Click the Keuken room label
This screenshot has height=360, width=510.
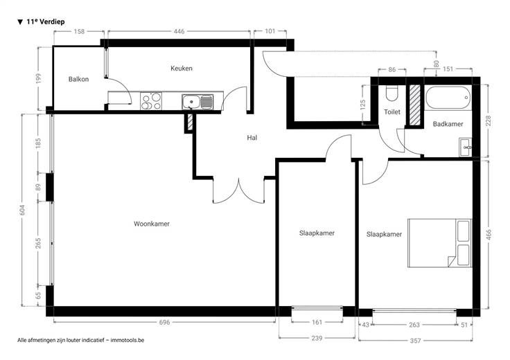[x=181, y=69]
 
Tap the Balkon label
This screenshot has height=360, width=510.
[x=78, y=80]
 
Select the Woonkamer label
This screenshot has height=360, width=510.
[x=152, y=224]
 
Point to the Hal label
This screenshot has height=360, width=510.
[x=252, y=138]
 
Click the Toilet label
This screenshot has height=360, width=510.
[x=392, y=111]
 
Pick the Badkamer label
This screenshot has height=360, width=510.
[x=448, y=124]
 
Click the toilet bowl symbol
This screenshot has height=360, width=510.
[x=391, y=93]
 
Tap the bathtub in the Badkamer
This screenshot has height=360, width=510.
[x=448, y=98]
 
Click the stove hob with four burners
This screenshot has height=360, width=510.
[x=151, y=101]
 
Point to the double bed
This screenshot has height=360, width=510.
[x=439, y=243]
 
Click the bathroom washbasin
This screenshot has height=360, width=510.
[x=465, y=147]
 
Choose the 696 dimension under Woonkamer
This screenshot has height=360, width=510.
[x=164, y=323]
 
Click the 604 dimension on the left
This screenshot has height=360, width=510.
[x=22, y=210]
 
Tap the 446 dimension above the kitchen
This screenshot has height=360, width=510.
[x=179, y=32]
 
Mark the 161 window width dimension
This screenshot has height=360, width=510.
[x=317, y=323]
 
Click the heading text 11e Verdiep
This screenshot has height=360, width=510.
[x=46, y=21]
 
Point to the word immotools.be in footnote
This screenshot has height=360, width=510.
[x=127, y=340]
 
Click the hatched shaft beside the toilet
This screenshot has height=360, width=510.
[x=414, y=105]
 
